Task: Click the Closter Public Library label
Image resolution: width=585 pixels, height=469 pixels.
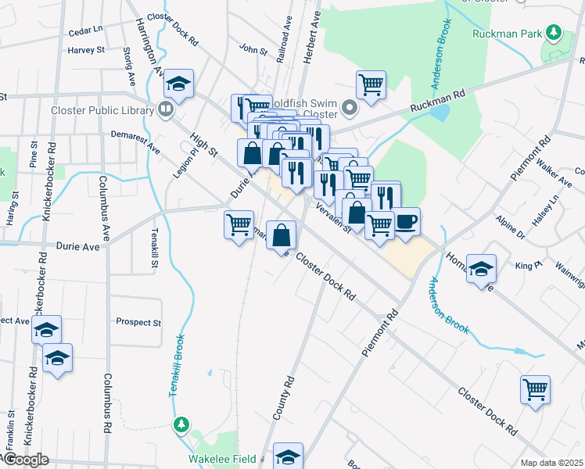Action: [x=102, y=110]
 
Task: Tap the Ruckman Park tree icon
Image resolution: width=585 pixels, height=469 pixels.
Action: [x=554, y=32]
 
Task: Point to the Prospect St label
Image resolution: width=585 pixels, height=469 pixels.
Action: [x=138, y=322]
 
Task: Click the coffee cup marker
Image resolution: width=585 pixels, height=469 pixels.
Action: [x=406, y=221]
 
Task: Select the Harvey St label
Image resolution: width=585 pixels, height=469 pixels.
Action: [x=86, y=50]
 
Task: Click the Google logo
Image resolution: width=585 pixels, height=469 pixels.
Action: [x=25, y=460]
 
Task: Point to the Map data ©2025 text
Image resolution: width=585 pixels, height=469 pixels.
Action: [x=552, y=463]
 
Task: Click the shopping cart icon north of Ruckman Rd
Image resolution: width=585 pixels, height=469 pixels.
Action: [x=371, y=84]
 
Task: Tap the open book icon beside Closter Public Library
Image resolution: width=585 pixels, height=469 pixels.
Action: [x=165, y=110]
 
